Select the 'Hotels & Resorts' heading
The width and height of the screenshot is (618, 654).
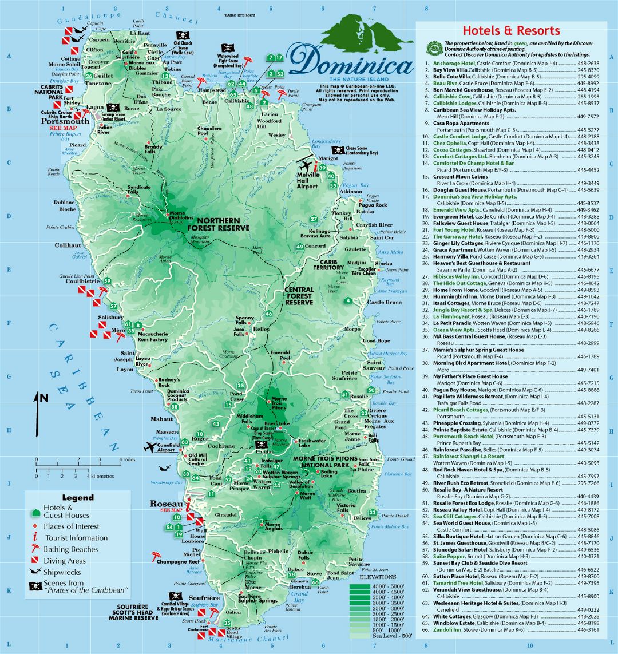tap(511, 31)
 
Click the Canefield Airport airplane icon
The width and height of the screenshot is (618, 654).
tap(150, 447)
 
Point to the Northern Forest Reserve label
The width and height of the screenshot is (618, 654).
tap(223, 224)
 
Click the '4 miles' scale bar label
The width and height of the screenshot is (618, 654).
tap(126, 459)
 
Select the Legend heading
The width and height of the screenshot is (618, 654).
tap(77, 498)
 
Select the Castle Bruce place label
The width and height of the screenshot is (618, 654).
tap(384, 302)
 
